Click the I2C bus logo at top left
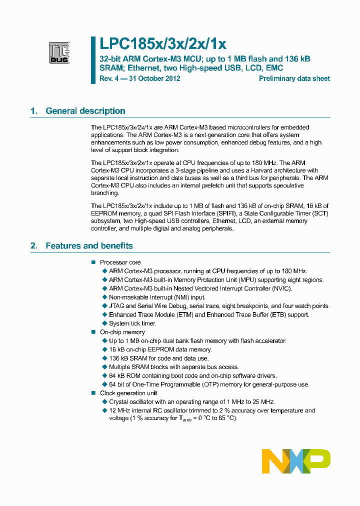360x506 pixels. [x=59, y=52]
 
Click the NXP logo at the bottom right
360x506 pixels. [x=296, y=460]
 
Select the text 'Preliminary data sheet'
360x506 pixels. [x=294, y=78]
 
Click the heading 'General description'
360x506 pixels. [x=85, y=111]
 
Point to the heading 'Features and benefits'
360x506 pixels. [x=89, y=245]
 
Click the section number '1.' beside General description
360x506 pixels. [x=34, y=111]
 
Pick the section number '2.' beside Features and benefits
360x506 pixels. [x=34, y=245]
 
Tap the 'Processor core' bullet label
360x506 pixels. [x=120, y=262]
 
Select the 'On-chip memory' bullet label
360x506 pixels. [x=122, y=332]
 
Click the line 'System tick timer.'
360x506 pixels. [x=132, y=323]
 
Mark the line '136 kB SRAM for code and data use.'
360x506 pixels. [x=159, y=358]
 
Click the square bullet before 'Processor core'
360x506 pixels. [x=92, y=262]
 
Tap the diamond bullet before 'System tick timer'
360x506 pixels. [x=104, y=323]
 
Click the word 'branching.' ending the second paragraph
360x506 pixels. [x=105, y=192]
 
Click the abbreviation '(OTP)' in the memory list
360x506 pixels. [x=211, y=384]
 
